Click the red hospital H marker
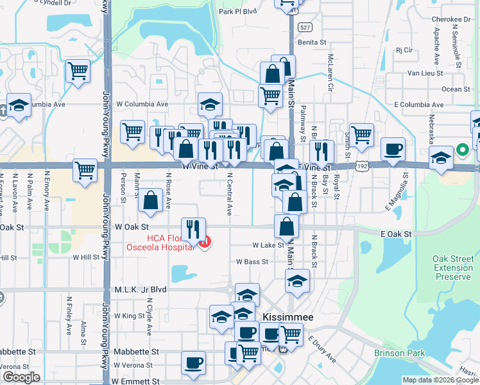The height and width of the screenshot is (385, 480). click(x=205, y=243)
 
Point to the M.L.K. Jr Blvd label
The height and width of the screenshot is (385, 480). click(x=140, y=289)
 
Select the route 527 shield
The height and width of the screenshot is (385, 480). click(x=305, y=28)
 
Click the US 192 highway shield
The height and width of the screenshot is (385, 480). click(x=363, y=165)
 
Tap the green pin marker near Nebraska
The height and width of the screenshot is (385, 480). click(x=462, y=151)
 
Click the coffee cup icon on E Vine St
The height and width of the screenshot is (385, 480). click(x=393, y=150)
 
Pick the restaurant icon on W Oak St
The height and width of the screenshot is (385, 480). click(x=193, y=228)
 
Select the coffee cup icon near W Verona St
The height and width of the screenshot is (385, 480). click(x=193, y=363)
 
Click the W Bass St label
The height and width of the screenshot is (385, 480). click(x=252, y=262)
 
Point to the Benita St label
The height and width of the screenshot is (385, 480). click(x=313, y=43)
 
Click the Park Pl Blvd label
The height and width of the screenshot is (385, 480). click(x=237, y=11)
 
